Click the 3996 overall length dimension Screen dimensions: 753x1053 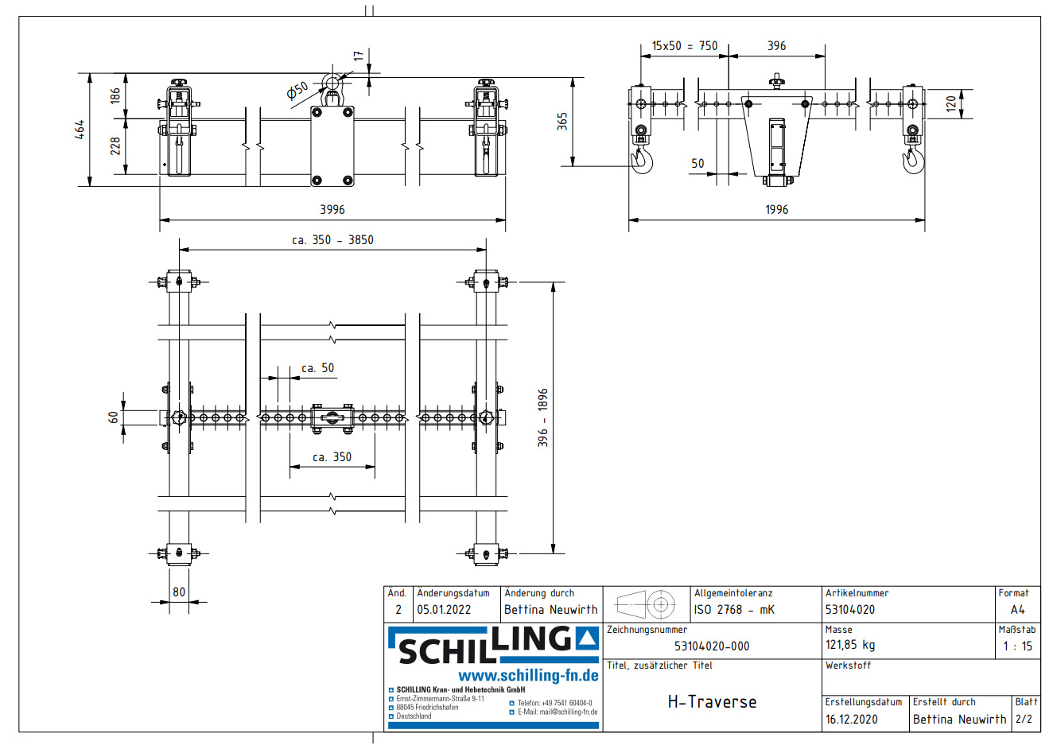[332, 210]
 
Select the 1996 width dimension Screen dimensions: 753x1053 [776, 210]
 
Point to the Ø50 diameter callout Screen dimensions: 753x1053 [297, 91]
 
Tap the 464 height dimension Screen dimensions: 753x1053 [80, 130]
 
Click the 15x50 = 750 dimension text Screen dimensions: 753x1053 [684, 46]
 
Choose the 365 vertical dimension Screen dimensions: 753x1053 [563, 122]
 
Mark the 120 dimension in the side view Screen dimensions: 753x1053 [951, 103]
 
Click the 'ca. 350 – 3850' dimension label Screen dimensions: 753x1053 [332, 240]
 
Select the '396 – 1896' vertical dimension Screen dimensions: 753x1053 [542, 417]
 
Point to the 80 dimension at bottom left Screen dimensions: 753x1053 [179, 592]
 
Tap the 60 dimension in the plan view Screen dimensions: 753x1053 [114, 417]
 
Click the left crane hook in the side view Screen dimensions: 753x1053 [642, 159]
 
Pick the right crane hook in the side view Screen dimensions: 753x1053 [912, 159]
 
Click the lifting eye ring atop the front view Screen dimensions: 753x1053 [333, 82]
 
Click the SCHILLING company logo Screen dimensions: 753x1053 [493, 646]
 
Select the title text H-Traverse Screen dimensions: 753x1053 [712, 702]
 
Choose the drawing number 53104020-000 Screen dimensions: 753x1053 [712, 646]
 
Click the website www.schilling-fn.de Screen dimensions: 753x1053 [528, 676]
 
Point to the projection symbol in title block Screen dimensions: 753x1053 [646, 605]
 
